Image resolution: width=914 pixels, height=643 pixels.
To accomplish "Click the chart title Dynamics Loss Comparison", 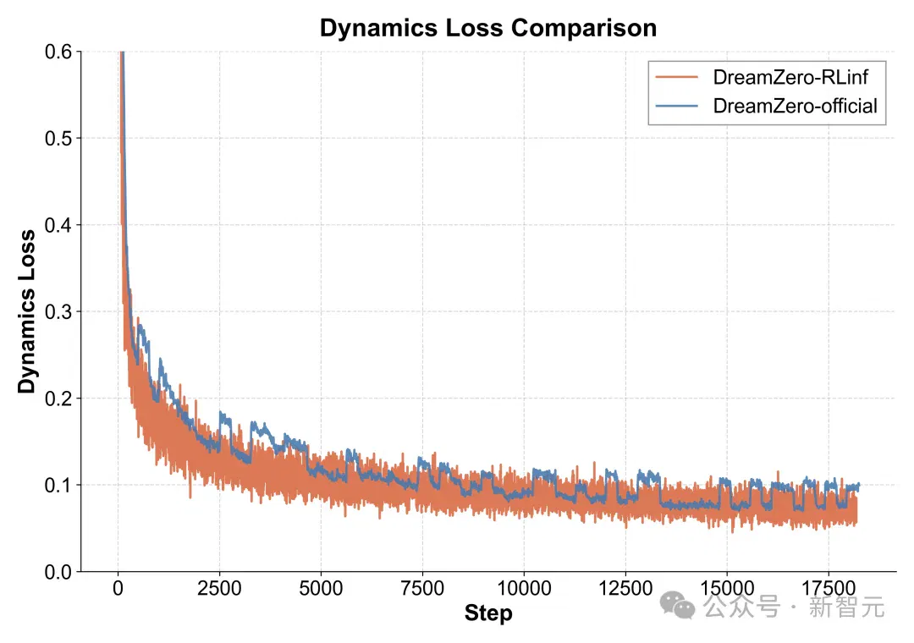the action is click(x=488, y=28).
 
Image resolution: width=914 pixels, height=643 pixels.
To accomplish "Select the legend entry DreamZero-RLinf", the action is click(x=790, y=77).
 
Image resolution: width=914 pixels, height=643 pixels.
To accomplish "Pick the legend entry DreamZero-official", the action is click(x=795, y=106).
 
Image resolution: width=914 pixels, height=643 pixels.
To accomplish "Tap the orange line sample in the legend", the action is click(x=677, y=77).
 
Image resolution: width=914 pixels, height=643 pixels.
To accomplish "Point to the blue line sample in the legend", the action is click(x=677, y=106).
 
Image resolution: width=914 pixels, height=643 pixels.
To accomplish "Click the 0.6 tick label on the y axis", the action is click(x=58, y=52).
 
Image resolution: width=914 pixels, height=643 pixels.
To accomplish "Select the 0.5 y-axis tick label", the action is click(x=58, y=139).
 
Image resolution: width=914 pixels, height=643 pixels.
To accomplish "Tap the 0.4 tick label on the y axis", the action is click(x=58, y=225).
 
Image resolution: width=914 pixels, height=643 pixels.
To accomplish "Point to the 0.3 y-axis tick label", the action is click(x=58, y=312).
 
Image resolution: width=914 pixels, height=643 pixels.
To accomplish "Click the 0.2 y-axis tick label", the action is click(x=58, y=398).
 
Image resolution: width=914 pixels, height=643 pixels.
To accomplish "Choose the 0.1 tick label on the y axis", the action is click(x=58, y=485).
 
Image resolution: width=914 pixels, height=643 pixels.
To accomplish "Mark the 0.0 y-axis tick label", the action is click(x=58, y=572).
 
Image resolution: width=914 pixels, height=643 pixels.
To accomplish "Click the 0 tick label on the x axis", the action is click(x=118, y=588).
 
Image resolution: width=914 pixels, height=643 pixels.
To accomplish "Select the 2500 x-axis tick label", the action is click(x=219, y=588).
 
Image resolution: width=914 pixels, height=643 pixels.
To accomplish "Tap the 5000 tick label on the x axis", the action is click(x=322, y=588).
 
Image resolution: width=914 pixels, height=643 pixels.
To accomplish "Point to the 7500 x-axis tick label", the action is click(x=422, y=588).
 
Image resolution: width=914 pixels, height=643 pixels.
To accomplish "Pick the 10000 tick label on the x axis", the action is click(x=524, y=588).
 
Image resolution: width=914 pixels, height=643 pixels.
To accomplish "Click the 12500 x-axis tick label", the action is click(x=625, y=588).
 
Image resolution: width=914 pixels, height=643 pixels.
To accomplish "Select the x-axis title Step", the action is click(x=488, y=614).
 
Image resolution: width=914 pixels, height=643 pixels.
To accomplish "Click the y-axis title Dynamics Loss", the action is click(x=27, y=312).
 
